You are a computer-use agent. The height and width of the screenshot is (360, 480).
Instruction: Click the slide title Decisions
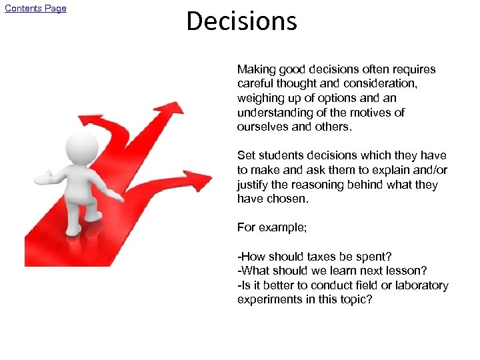pyautogui.click(x=241, y=21)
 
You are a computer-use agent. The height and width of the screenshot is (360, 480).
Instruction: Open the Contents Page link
pyautogui.click(x=35, y=8)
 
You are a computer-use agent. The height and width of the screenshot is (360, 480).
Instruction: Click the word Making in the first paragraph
pyautogui.click(x=256, y=69)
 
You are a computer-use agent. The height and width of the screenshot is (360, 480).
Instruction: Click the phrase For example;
pyautogui.click(x=272, y=227)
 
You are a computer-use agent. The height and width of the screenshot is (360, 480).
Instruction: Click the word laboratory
pyautogui.click(x=421, y=285)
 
